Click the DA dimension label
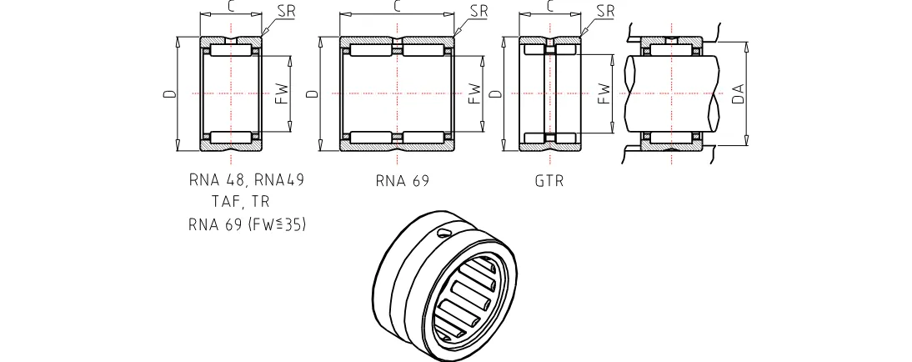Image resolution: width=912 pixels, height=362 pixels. coord(737,93)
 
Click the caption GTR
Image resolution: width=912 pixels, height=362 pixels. coord(549,181)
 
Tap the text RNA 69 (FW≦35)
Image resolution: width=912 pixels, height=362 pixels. coord(247,224)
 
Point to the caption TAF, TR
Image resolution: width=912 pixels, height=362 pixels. coord(242,202)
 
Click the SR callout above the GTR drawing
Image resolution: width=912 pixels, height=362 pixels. coord(605,11)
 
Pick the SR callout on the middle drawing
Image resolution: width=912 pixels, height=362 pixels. coord(479,11)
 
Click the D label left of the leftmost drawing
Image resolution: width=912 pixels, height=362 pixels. coord(169,94)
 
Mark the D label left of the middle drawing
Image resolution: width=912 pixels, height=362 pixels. coord(312,94)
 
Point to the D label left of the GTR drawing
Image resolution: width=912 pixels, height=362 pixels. coord(495,94)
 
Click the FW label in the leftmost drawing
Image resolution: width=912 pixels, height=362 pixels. coord(282,93)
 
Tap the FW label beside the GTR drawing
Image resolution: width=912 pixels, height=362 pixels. coord(605,93)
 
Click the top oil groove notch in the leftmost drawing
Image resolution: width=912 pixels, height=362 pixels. coord(231,40)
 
